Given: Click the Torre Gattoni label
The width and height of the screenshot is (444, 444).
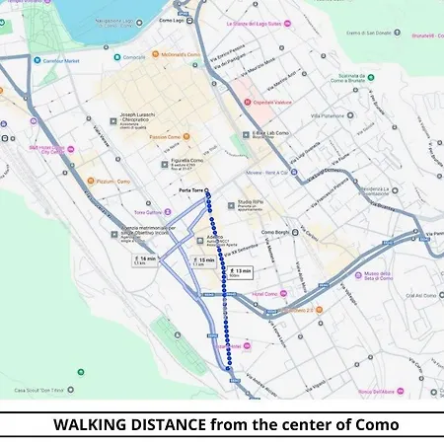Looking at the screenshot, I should (x=148, y=211).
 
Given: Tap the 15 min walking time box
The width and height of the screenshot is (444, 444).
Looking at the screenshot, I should (x=204, y=261).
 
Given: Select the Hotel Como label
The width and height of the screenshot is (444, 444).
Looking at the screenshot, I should (x=265, y=293).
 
